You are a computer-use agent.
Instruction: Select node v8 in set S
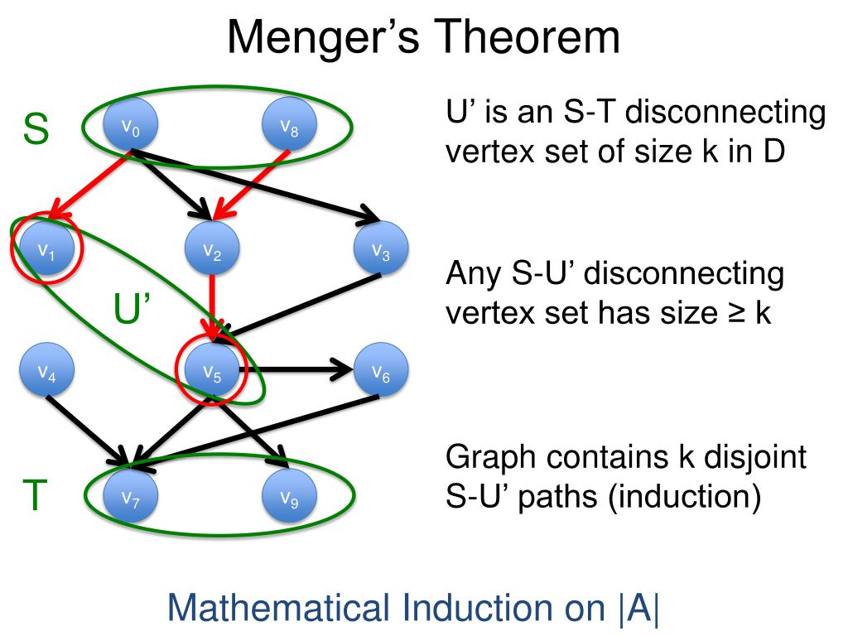point(289,127)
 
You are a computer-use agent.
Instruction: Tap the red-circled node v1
point(46,248)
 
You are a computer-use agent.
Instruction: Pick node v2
point(212,248)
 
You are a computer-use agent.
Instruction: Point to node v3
point(380,249)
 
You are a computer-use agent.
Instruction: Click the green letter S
point(36,129)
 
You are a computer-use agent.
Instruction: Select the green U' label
point(131,311)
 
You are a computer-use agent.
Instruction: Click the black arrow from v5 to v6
point(298,370)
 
